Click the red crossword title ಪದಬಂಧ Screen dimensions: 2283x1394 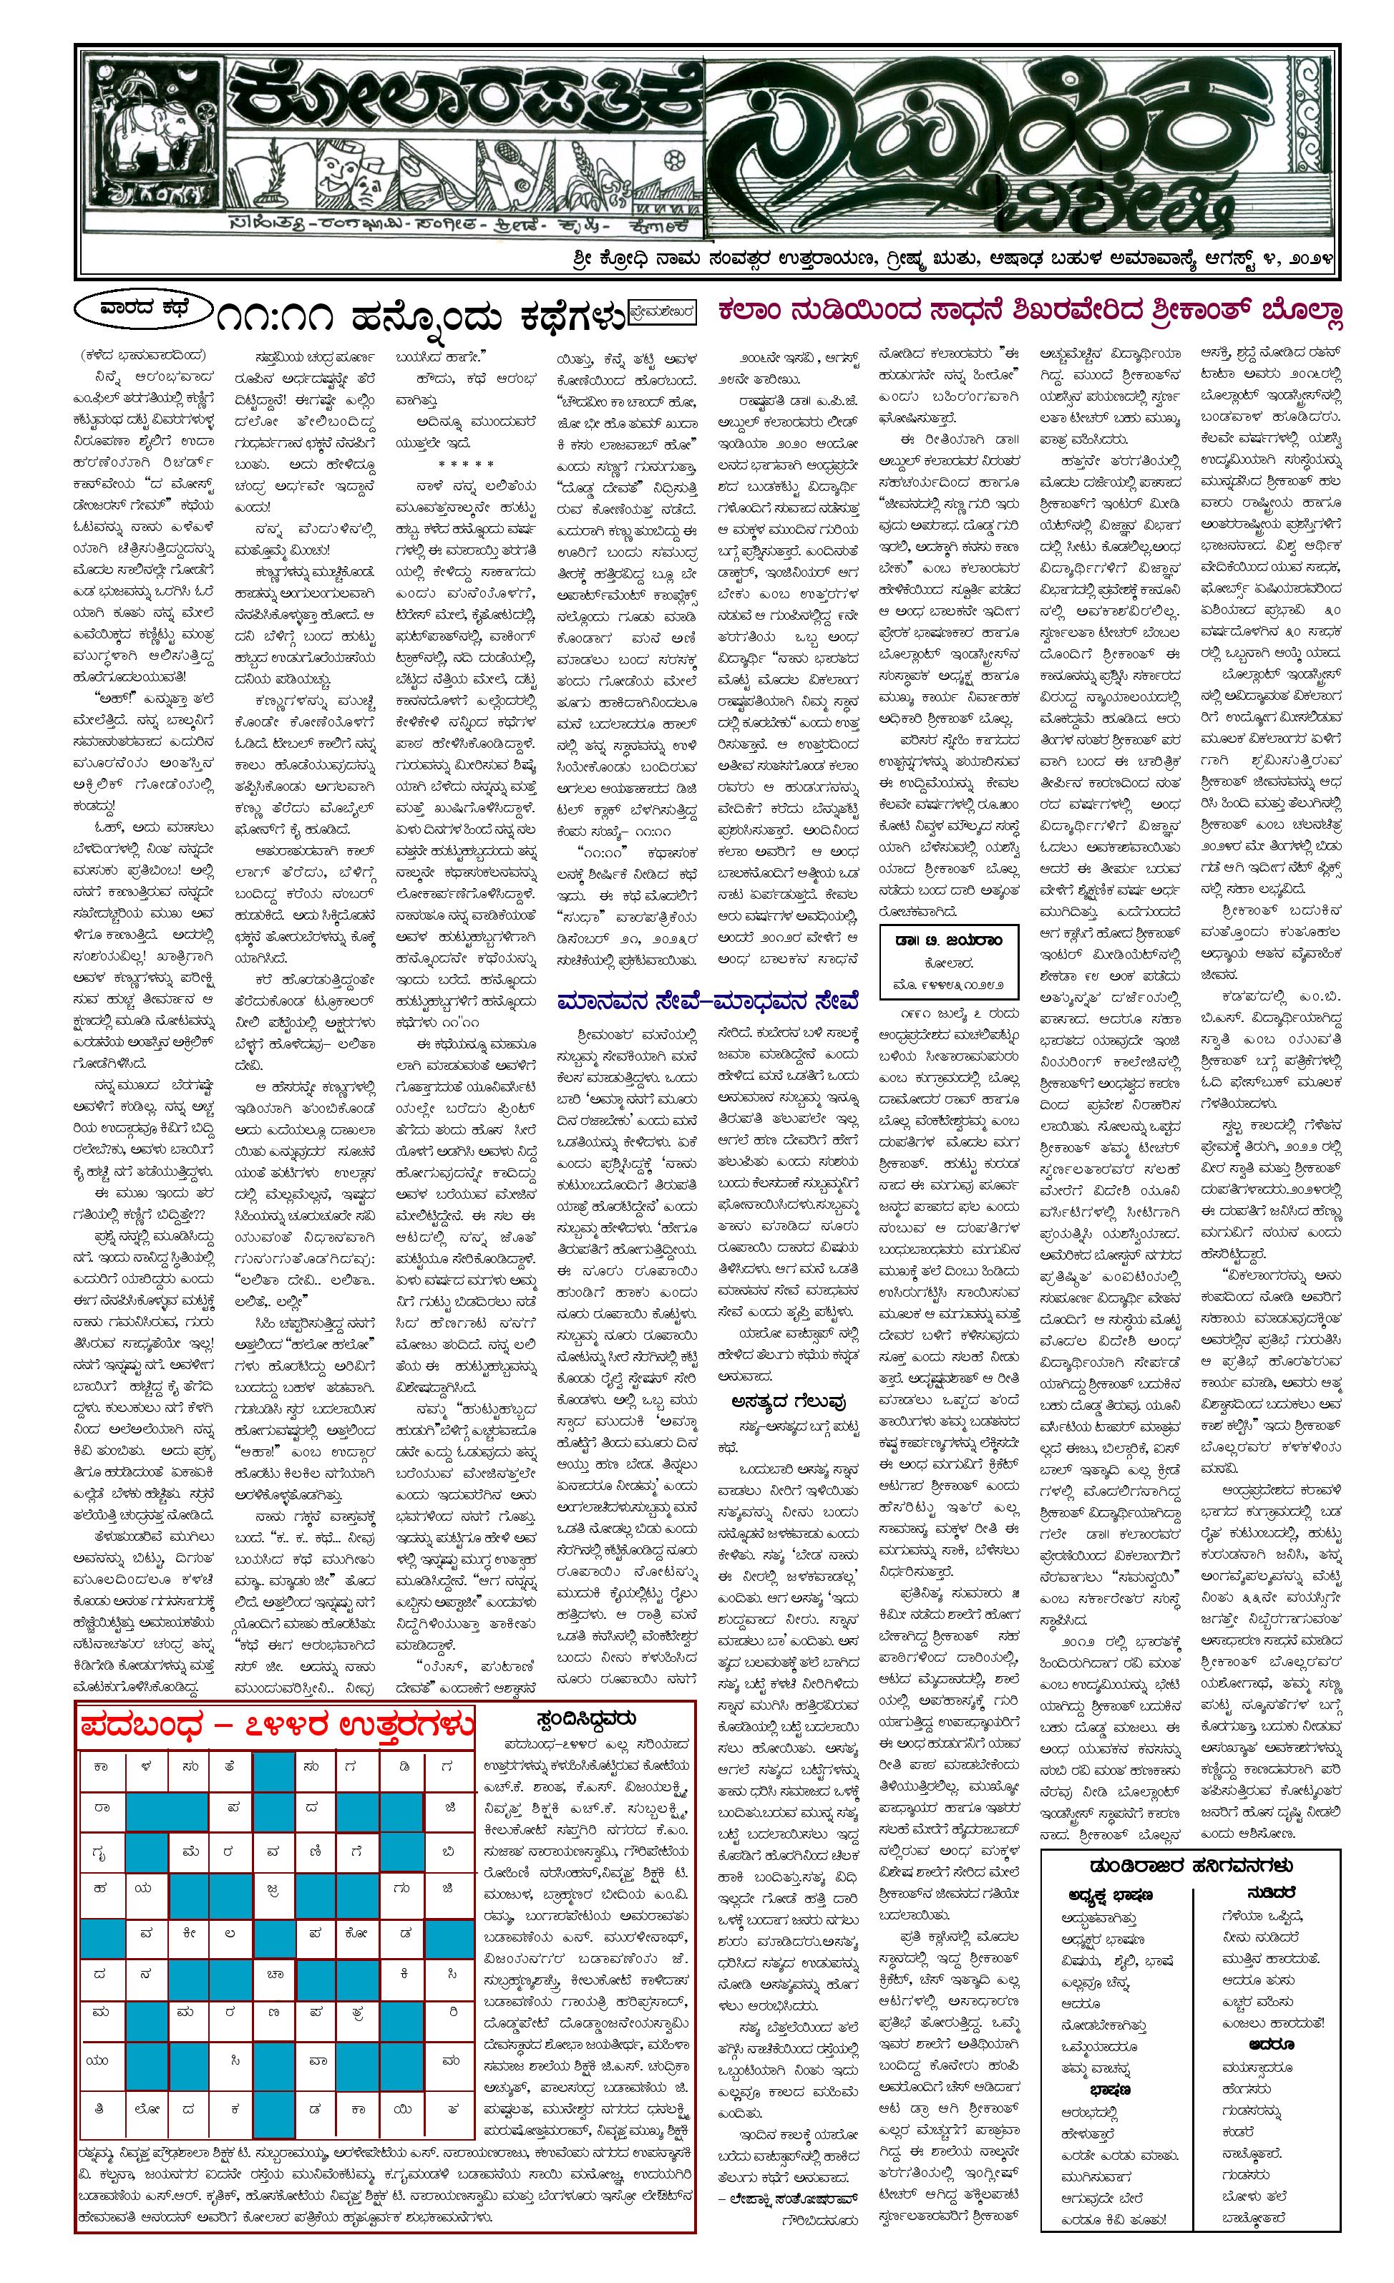tap(141, 1726)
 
